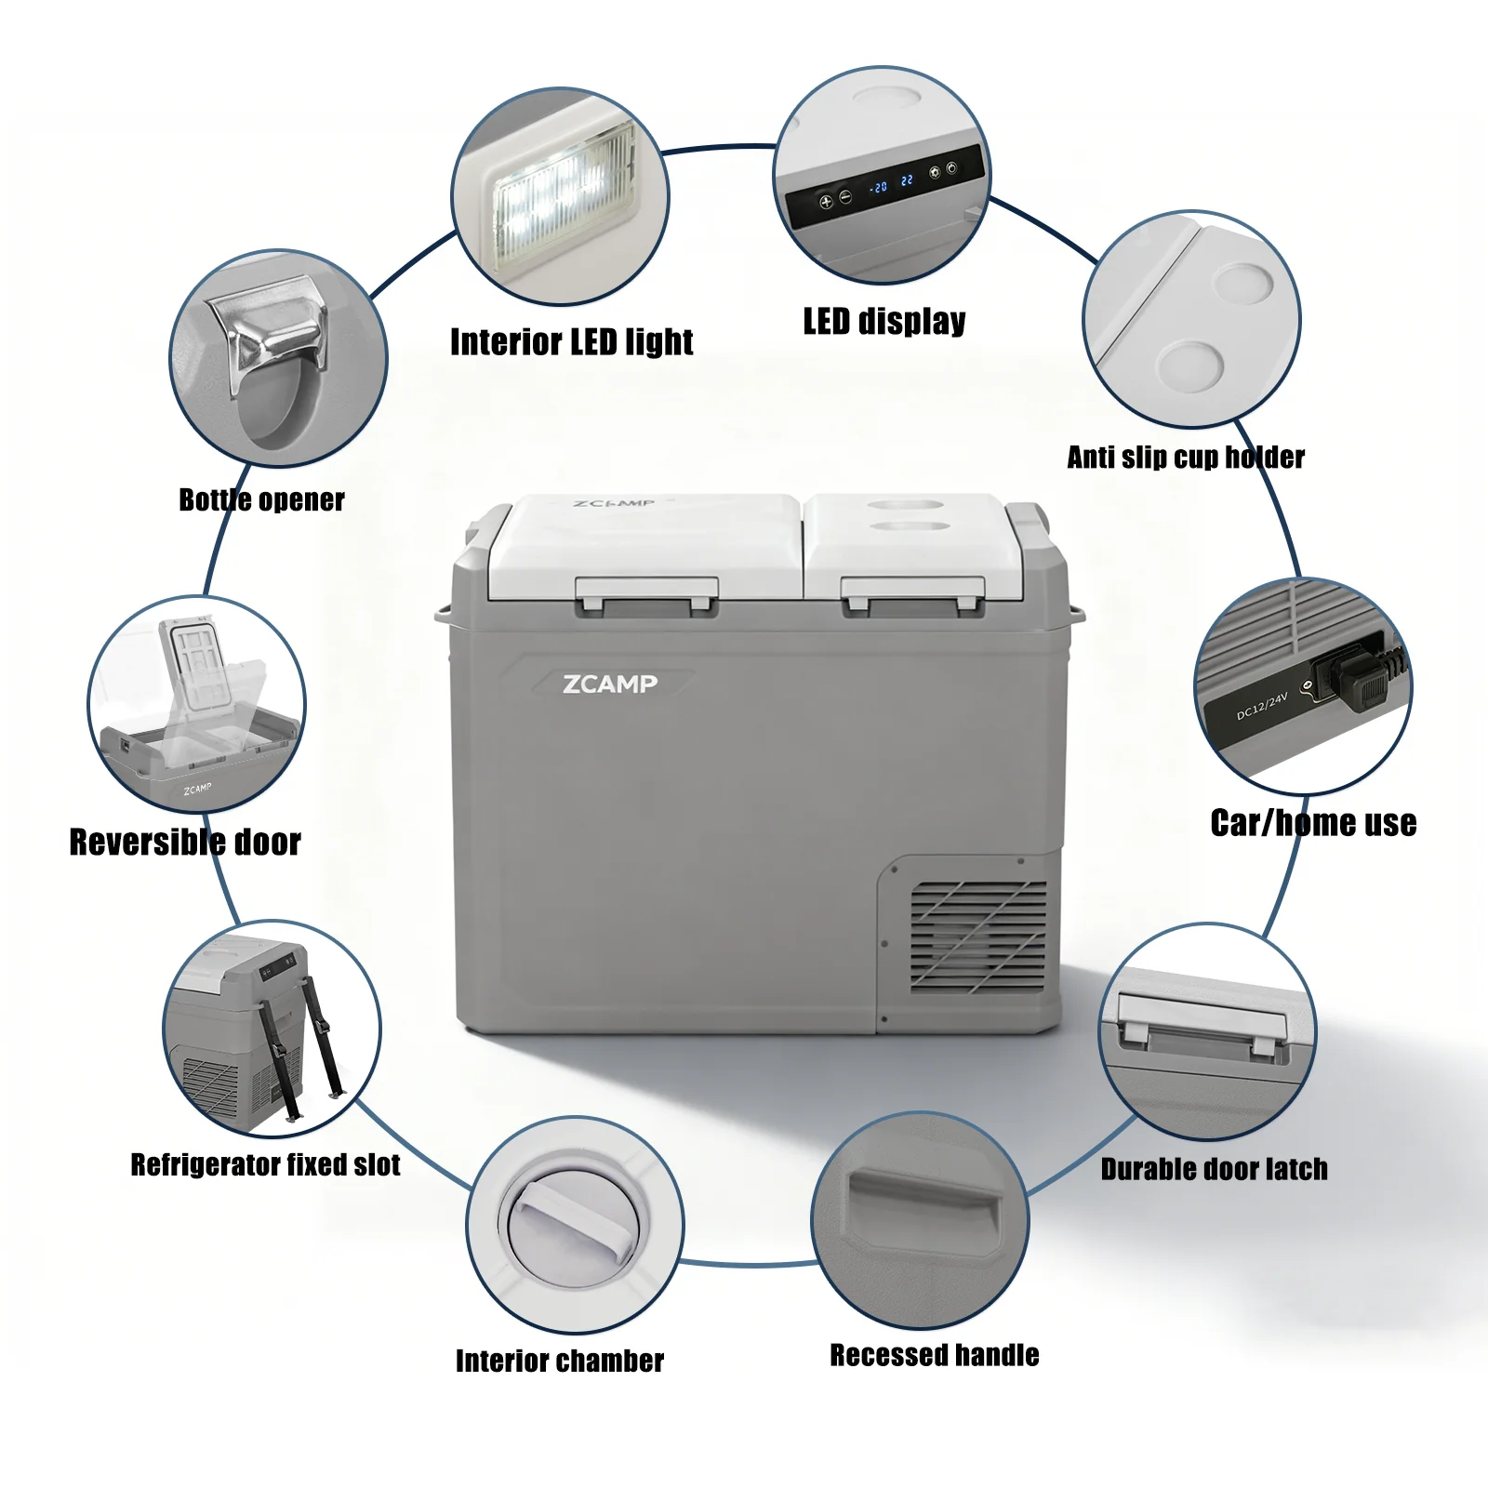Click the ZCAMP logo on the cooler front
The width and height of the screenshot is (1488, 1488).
click(610, 684)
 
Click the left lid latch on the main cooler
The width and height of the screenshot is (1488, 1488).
click(647, 595)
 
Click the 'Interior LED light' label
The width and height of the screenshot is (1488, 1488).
click(572, 342)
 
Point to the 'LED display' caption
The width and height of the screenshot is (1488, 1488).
click(884, 321)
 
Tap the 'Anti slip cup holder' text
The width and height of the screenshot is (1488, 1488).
click(1186, 457)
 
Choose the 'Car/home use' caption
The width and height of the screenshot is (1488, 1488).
click(1313, 822)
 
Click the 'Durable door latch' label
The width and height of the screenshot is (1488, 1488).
click(1214, 1169)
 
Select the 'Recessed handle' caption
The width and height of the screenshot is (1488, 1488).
click(934, 1355)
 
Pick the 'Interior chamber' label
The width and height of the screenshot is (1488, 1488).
click(560, 1361)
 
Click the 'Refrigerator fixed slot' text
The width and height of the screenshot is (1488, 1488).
click(265, 1164)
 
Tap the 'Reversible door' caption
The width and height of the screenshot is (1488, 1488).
click(185, 842)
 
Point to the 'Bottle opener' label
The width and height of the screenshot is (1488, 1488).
click(261, 499)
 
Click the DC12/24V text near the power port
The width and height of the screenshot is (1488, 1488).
click(1262, 706)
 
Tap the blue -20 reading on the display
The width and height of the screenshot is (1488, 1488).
click(878, 187)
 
